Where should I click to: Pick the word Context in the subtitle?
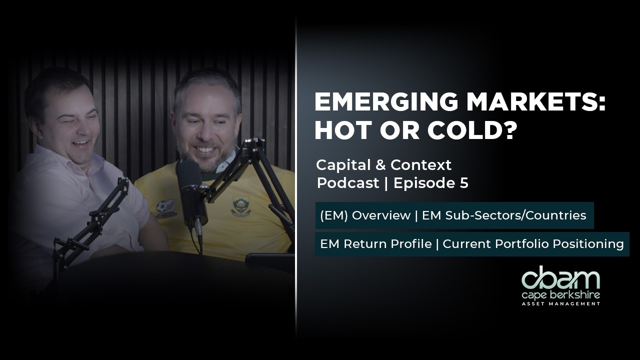coord(421,164)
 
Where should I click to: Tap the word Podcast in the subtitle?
coord(348,183)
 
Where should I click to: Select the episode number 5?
coord(463,183)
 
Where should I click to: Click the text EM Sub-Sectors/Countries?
coord(504,215)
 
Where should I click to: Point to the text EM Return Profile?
coord(376,244)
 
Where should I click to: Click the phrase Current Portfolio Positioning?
coord(533,244)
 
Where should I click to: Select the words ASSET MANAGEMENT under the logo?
coord(560,303)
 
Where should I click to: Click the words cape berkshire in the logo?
coord(560,295)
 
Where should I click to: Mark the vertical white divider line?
coord(296,180)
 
